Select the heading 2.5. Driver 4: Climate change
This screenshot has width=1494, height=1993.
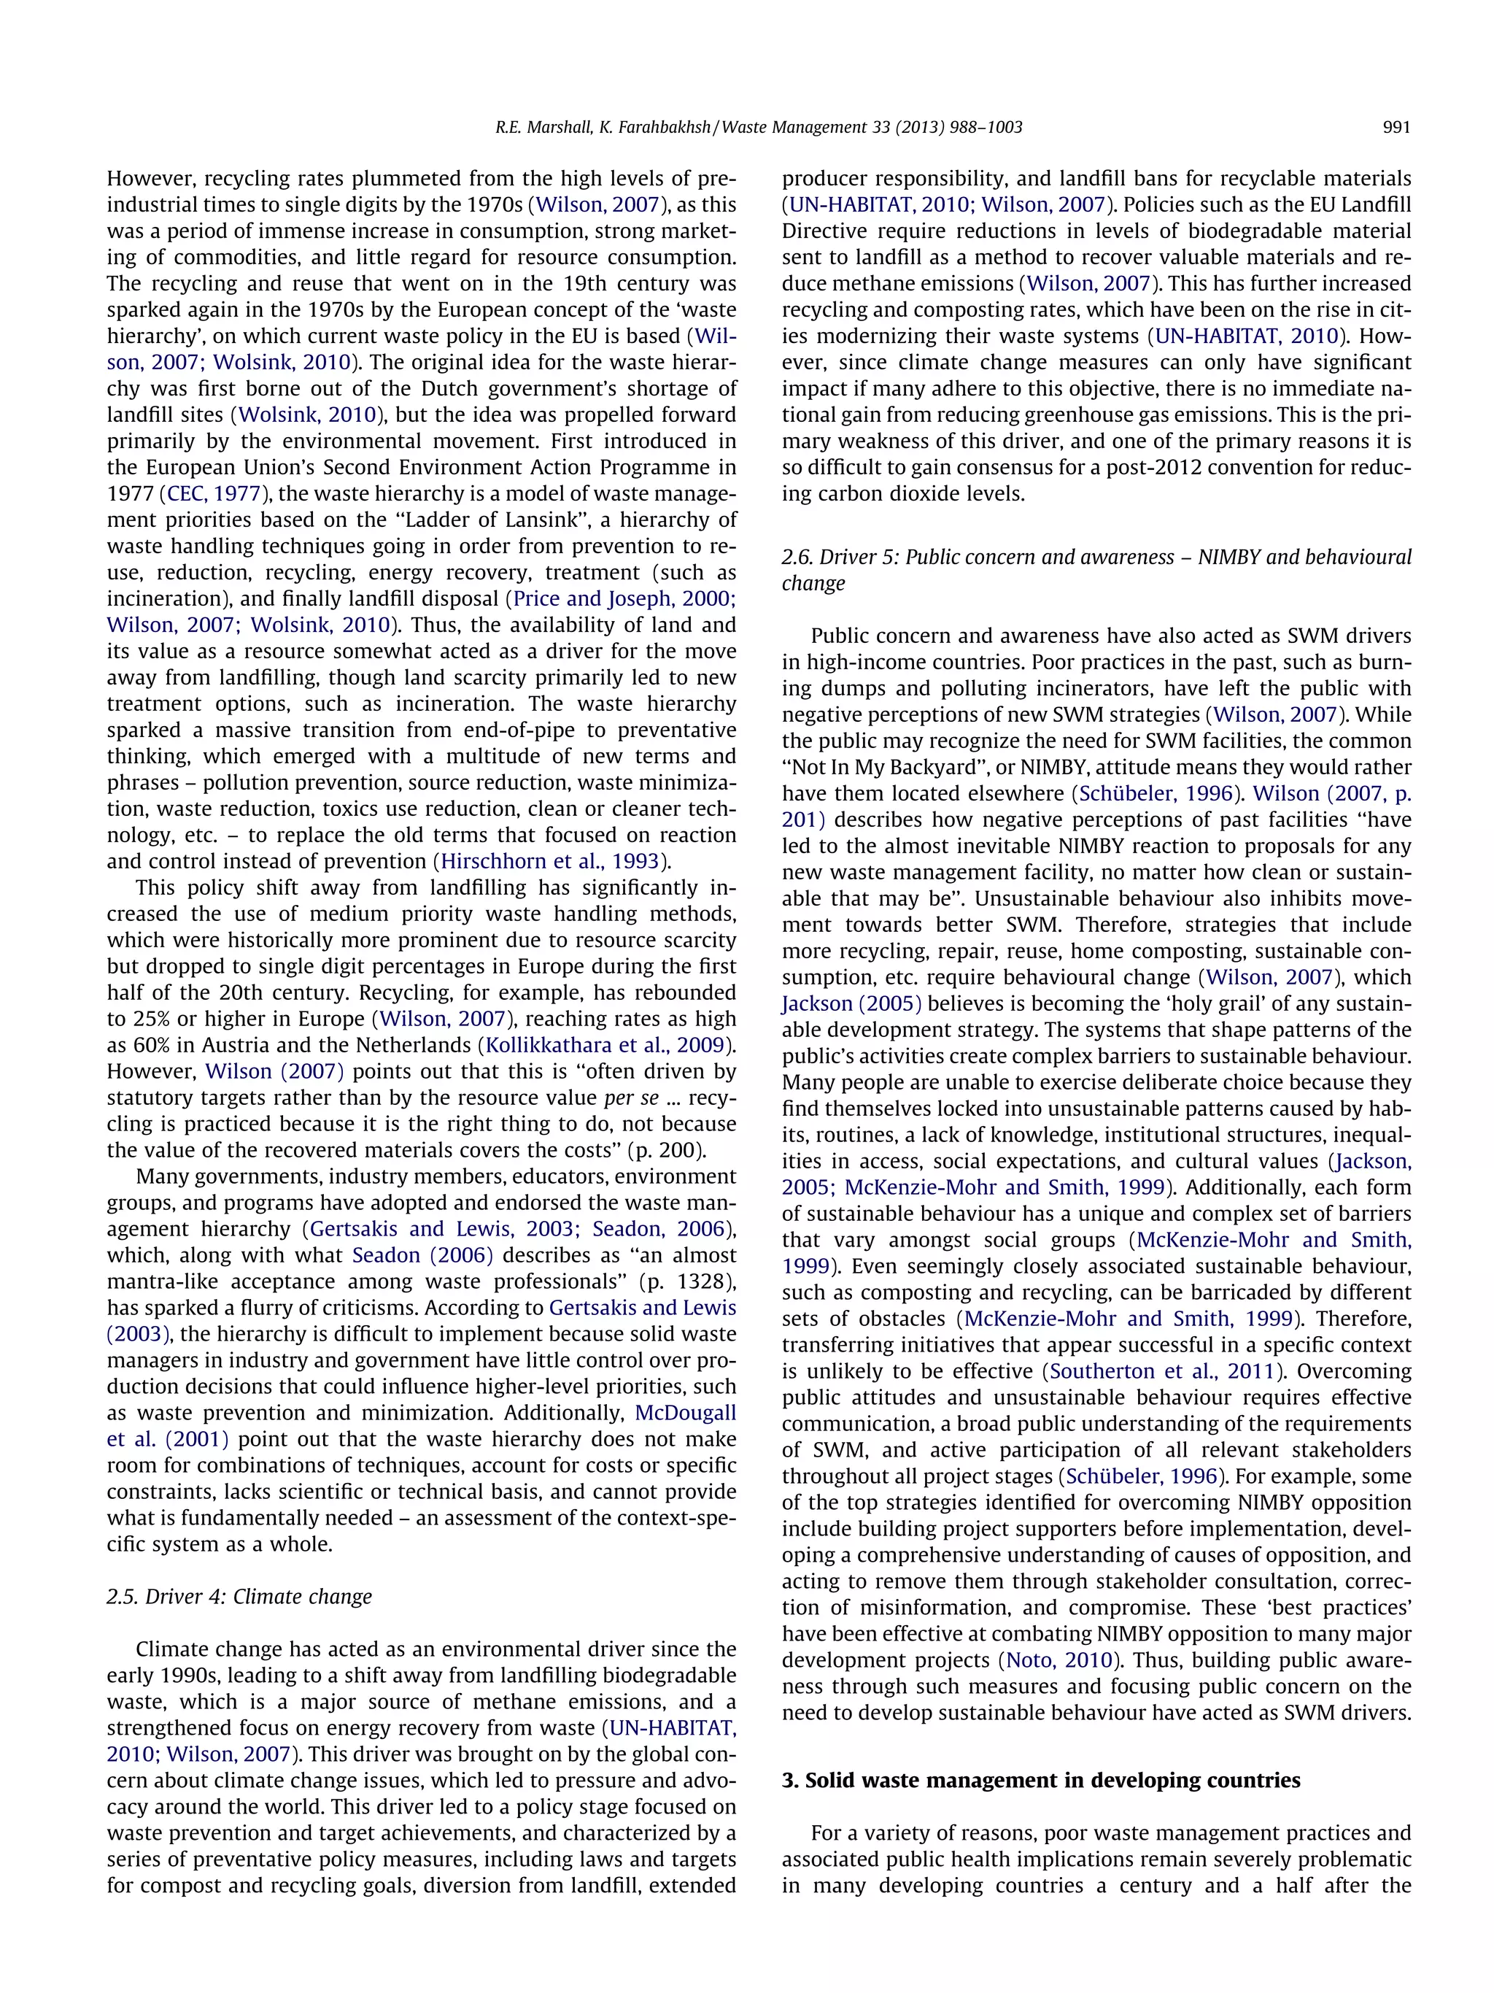click(239, 1597)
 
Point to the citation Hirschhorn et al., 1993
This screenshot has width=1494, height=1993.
click(551, 861)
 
